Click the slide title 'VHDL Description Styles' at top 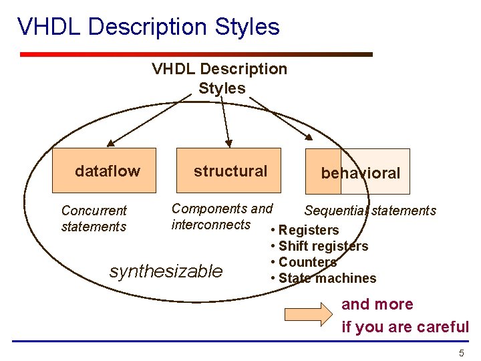tap(148, 27)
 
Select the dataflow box tap(104, 170)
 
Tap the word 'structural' tap(230, 171)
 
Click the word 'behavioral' tap(360, 173)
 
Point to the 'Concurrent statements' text tap(94, 219)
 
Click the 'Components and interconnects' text tap(222, 217)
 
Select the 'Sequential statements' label tap(369, 211)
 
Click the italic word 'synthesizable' tap(166, 271)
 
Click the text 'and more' tap(377, 304)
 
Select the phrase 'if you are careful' tap(405, 327)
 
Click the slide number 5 tap(461, 353)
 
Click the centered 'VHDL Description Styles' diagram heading tap(220, 78)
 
